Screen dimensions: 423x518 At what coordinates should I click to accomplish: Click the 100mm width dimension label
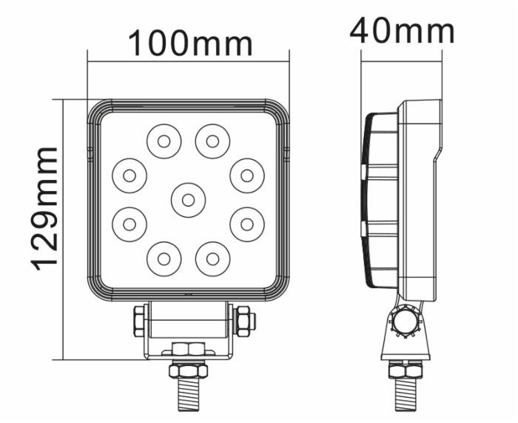pyautogui.click(x=191, y=44)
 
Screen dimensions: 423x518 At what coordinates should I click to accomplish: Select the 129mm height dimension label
pyautogui.click(x=46, y=208)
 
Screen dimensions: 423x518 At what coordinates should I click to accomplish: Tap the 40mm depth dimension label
pyautogui.click(x=402, y=31)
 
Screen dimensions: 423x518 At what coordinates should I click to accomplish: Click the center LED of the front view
pyautogui.click(x=188, y=199)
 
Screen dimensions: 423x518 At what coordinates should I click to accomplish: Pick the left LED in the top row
pyautogui.click(x=164, y=141)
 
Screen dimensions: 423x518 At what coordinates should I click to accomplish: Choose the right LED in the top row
pyautogui.click(x=212, y=141)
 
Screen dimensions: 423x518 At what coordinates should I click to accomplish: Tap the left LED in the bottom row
pyautogui.click(x=164, y=259)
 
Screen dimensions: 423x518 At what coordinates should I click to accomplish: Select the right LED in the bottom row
pyautogui.click(x=212, y=259)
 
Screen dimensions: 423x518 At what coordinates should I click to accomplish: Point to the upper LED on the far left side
pyautogui.click(x=129, y=176)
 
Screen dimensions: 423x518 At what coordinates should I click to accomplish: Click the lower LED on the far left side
pyautogui.click(x=129, y=223)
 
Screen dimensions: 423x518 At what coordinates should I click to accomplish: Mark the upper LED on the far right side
pyautogui.click(x=247, y=176)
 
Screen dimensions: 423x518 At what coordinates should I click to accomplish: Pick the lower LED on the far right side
pyautogui.click(x=247, y=223)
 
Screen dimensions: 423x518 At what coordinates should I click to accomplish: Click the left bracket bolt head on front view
pyautogui.click(x=138, y=322)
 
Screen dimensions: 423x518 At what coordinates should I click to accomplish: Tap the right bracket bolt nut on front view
pyautogui.click(x=243, y=322)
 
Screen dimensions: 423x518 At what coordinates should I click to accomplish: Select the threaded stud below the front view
pyautogui.click(x=188, y=393)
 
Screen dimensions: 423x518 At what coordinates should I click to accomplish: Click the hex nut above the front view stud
pyautogui.click(x=188, y=369)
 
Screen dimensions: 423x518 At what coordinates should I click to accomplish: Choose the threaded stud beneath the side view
pyautogui.click(x=406, y=393)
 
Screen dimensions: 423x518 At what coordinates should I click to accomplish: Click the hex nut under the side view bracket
pyautogui.click(x=406, y=369)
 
